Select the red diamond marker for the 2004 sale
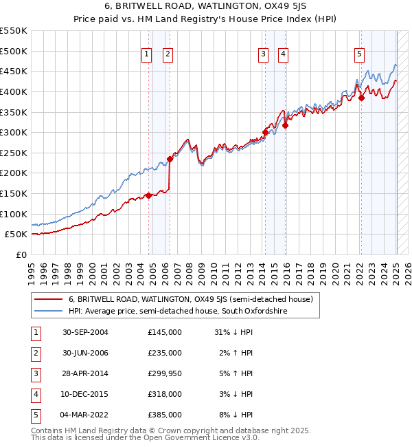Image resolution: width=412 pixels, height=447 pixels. pos(148,195)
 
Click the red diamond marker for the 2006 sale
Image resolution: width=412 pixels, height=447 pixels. pos(169,159)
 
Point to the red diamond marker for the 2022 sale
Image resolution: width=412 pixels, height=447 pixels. pos(361,98)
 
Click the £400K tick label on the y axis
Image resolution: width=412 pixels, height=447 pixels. pos(13,91)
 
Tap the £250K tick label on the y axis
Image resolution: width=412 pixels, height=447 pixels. pos(13,153)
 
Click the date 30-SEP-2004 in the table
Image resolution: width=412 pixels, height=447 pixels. pos(85,332)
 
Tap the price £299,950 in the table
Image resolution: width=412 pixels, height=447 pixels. pos(165,373)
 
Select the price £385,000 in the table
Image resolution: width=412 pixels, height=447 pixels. pos(165,415)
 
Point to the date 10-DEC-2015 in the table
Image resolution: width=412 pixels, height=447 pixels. pos(85,394)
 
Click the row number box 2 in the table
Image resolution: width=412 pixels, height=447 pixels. pos(34,353)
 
